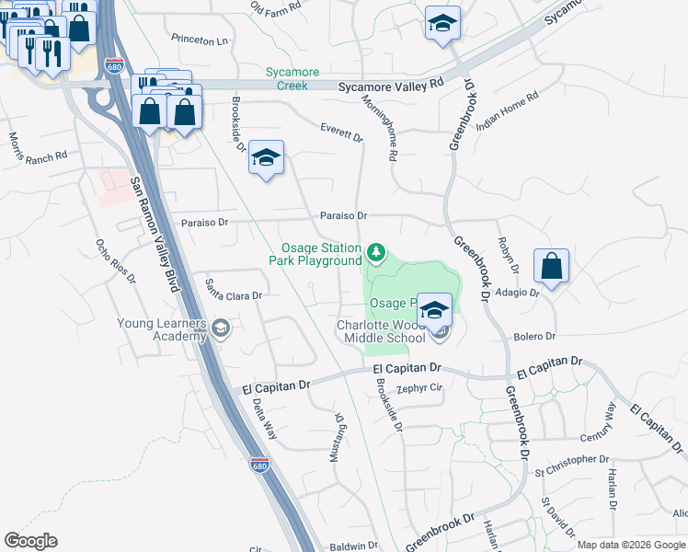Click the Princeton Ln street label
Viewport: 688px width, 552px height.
click(x=199, y=40)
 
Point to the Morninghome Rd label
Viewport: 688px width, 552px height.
click(x=377, y=128)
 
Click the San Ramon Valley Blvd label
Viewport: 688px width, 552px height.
click(x=153, y=234)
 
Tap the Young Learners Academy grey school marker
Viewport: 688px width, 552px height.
click(x=220, y=328)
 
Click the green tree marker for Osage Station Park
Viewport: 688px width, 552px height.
click(x=375, y=251)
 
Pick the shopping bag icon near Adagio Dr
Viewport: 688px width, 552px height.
click(x=551, y=267)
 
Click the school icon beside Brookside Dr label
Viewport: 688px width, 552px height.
click(x=266, y=158)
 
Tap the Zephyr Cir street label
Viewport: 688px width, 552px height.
click(x=419, y=388)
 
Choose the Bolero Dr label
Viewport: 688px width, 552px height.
click(x=534, y=337)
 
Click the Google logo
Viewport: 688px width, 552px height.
click(x=30, y=541)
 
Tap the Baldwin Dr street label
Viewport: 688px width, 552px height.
click(x=354, y=546)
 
